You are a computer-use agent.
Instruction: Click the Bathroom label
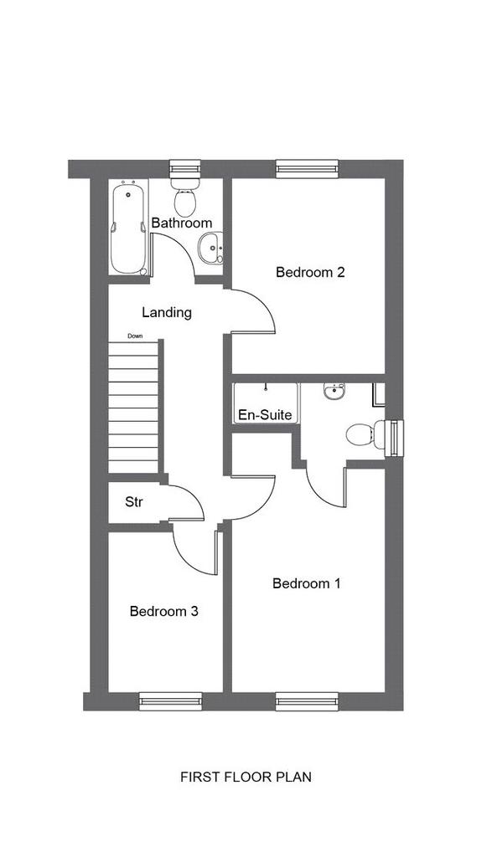[182, 223]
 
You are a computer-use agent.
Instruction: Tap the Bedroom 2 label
[310, 272]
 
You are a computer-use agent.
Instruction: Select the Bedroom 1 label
[307, 583]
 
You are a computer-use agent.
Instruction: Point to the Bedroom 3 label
[163, 611]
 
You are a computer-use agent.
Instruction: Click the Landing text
[167, 313]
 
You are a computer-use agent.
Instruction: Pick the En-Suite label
[265, 415]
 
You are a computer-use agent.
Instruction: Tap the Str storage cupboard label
[134, 502]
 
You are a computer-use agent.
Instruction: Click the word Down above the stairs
[135, 336]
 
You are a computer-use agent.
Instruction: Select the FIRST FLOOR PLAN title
[246, 777]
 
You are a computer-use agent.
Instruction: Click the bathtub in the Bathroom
[129, 228]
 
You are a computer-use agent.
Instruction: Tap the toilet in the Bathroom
[185, 196]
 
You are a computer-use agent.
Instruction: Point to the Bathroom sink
[210, 248]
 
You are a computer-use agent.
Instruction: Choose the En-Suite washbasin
[334, 392]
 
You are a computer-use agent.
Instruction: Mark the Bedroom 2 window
[307, 168]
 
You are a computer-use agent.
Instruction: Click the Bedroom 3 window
[170, 701]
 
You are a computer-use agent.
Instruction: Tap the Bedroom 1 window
[307, 701]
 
